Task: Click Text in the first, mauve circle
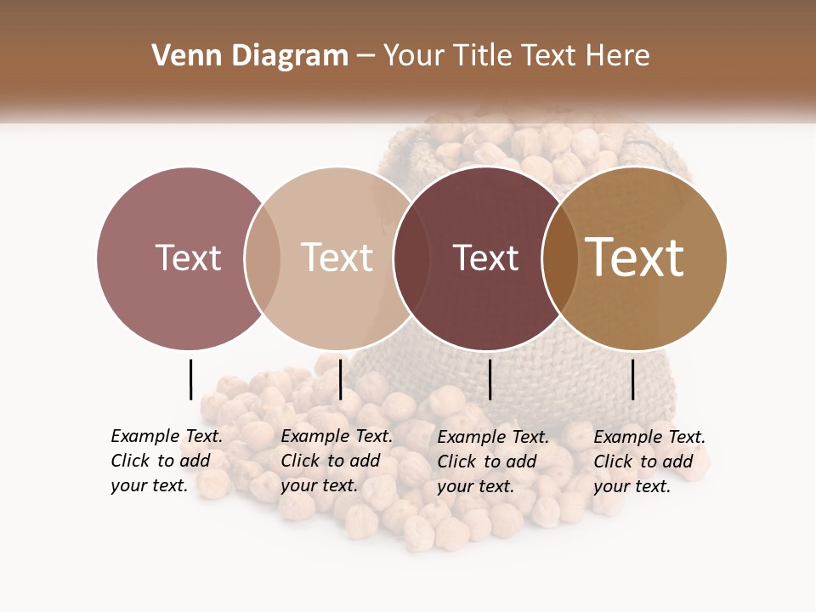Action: pyautogui.click(x=188, y=258)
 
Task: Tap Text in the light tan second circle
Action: pyautogui.click(x=337, y=258)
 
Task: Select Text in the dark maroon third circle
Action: pyautogui.click(x=485, y=258)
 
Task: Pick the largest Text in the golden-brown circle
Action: pyautogui.click(x=635, y=258)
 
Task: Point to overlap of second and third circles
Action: pyautogui.click(x=411, y=258)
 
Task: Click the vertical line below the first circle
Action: pyautogui.click(x=190, y=379)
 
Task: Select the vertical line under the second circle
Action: pyautogui.click(x=340, y=379)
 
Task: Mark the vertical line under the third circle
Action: pyautogui.click(x=490, y=379)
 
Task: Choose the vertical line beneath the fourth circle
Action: pyautogui.click(x=632, y=379)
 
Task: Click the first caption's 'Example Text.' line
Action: pyautogui.click(x=167, y=436)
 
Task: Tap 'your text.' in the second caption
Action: pyautogui.click(x=319, y=486)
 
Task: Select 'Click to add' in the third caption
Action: pyautogui.click(x=486, y=462)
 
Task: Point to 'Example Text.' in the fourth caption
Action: pyautogui.click(x=649, y=437)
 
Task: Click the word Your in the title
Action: pyautogui.click(x=415, y=56)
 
